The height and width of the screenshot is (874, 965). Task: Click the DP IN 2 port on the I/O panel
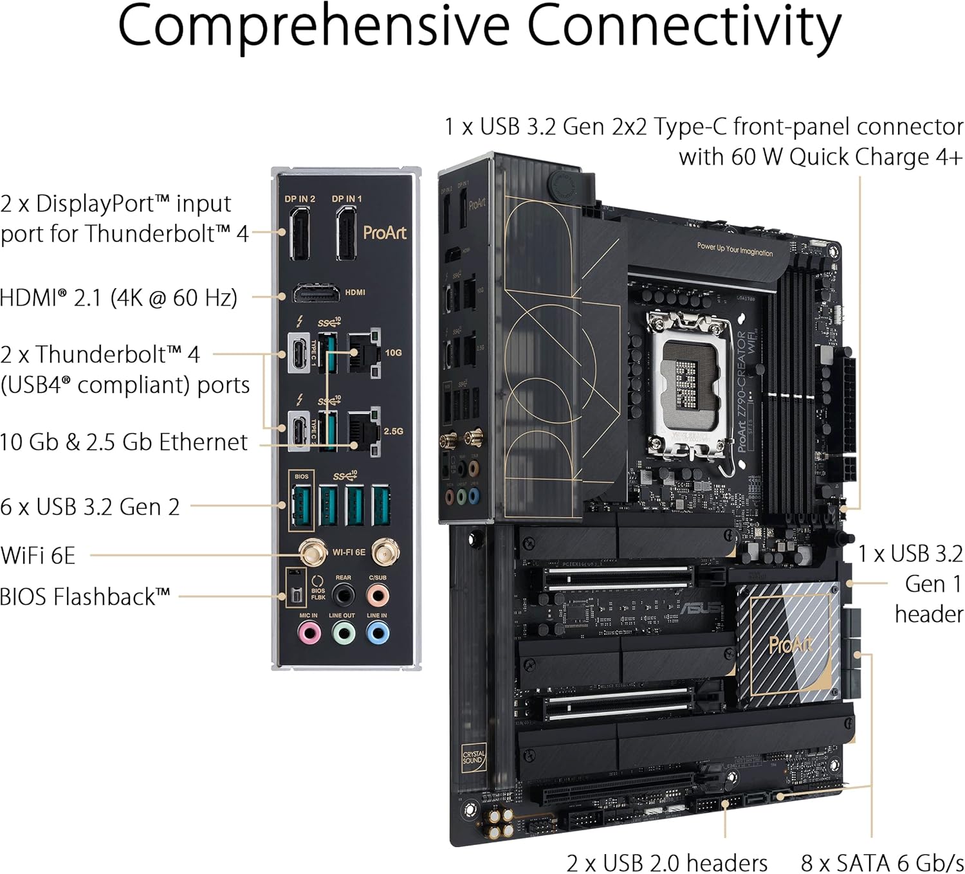coord(300,234)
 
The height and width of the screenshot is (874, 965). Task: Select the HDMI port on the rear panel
coord(317,293)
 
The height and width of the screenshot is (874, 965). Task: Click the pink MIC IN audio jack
coord(309,634)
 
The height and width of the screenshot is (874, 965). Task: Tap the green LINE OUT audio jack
coord(343,634)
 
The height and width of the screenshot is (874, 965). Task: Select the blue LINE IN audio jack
coord(377,634)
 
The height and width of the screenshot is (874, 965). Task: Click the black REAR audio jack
coord(343,596)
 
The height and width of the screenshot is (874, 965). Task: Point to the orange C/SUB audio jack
coord(378,596)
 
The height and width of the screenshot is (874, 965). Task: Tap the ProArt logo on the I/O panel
coord(385,232)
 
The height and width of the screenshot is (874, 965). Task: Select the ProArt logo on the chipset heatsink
coord(790,644)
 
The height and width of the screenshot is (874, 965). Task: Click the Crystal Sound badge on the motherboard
coord(473,757)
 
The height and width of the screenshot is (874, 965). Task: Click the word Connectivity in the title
coord(684,26)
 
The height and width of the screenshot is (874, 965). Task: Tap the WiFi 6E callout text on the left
coord(38,555)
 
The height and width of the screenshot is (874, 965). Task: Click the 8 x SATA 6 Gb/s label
coord(881,862)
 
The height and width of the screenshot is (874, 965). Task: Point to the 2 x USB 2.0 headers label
coord(666,862)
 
